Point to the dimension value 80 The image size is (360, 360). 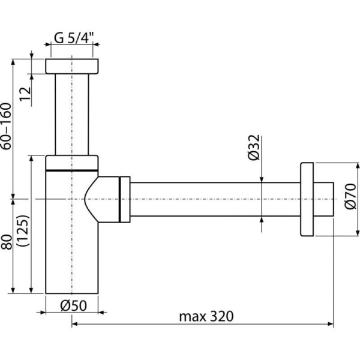[x=6, y=247]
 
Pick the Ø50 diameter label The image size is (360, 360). [x=74, y=305]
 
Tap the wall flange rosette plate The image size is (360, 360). [x=307, y=199]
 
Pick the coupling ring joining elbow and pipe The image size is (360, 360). [x=125, y=199]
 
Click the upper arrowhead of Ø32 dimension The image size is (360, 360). [x=261, y=178]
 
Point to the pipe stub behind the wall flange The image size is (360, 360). [x=324, y=199]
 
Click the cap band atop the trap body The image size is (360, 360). [x=72, y=162]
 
